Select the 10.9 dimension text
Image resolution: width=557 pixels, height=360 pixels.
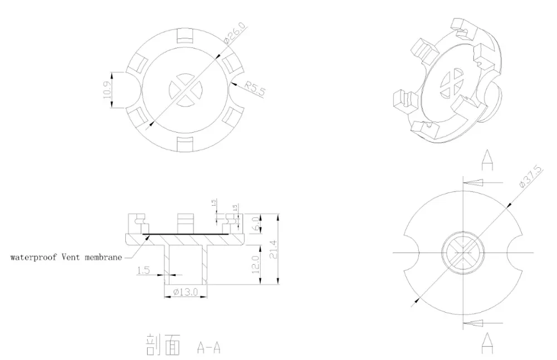coord(108,90)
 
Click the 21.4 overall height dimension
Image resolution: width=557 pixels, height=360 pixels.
coord(272,249)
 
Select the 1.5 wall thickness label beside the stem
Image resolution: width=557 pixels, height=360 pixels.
coord(143,270)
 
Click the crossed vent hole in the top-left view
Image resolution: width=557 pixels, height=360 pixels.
coord(184,89)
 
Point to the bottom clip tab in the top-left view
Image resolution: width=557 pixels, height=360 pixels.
coord(185,143)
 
